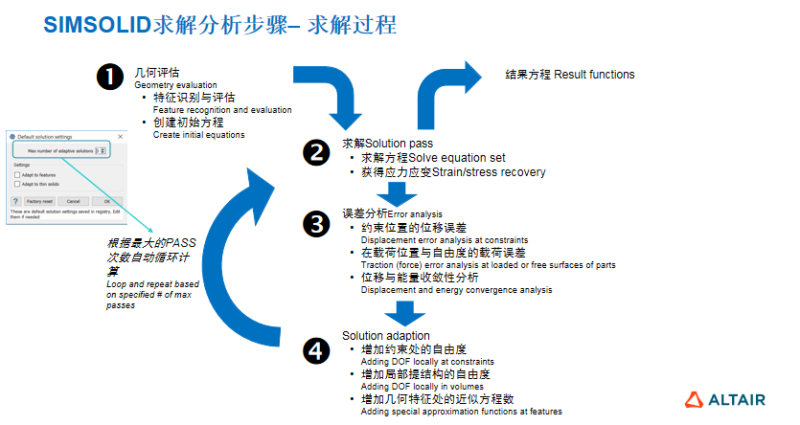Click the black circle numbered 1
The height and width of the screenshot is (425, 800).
point(112,78)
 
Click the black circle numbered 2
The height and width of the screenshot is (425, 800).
point(315,151)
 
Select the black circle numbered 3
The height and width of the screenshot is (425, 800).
point(315,224)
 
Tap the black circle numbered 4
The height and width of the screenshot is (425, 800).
point(315,350)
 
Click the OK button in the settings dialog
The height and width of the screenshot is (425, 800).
point(106,201)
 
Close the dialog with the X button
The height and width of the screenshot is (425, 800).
point(118,138)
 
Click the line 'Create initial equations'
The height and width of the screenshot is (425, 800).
point(198,135)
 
